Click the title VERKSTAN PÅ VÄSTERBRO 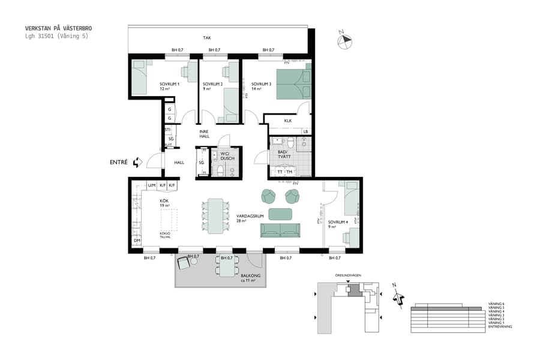(x=59, y=28)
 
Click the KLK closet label (x=288, y=121)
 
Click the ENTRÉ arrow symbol (x=138, y=162)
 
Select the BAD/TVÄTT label (x=284, y=154)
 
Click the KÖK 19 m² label (x=164, y=203)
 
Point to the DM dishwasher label (x=137, y=241)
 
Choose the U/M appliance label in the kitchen (x=151, y=185)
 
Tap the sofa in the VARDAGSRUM (x=280, y=229)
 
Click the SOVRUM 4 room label (x=338, y=224)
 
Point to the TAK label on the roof (x=206, y=38)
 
